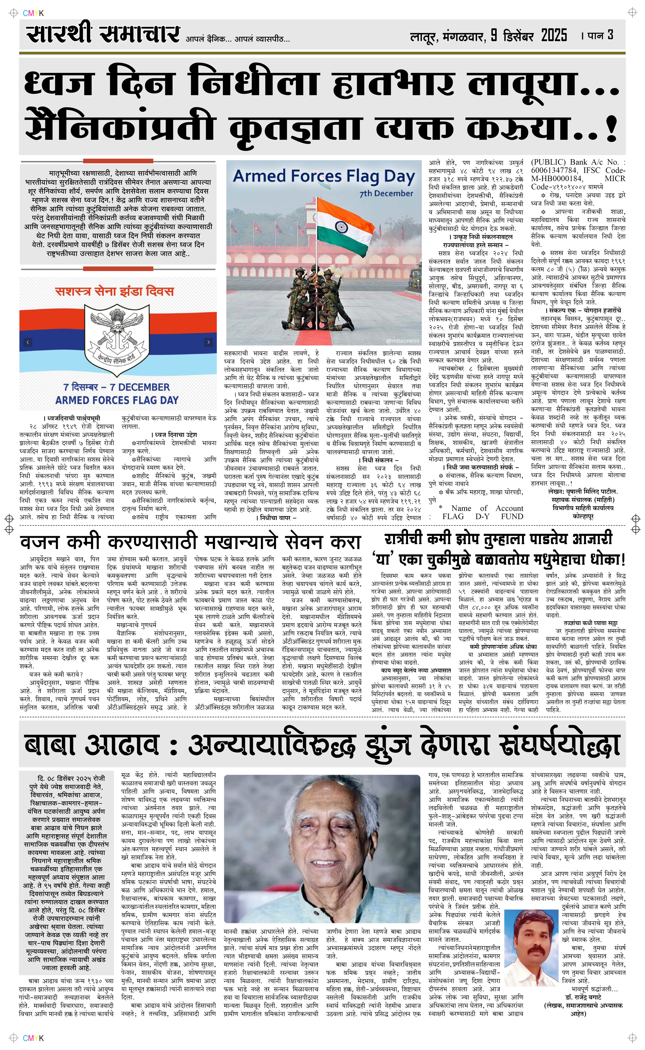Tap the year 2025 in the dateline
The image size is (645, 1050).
[554, 36]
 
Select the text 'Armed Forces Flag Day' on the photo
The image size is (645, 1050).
[324, 176]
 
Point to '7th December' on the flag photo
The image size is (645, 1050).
[386, 193]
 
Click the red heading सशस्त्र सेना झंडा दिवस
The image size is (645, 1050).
[114, 291]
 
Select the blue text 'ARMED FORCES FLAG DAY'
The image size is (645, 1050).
[116, 400]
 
